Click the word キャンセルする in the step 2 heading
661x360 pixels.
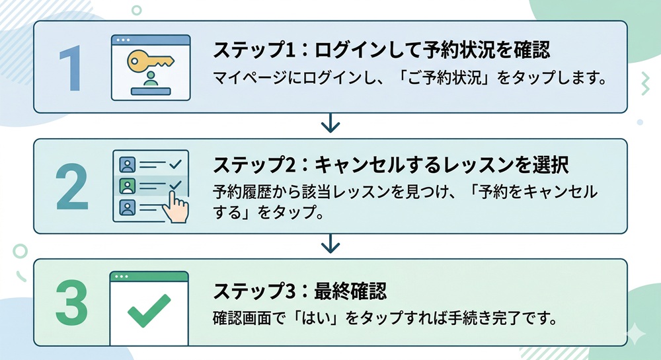click(x=372, y=165)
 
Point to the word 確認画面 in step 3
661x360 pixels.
click(x=239, y=318)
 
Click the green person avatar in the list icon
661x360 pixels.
click(x=125, y=185)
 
